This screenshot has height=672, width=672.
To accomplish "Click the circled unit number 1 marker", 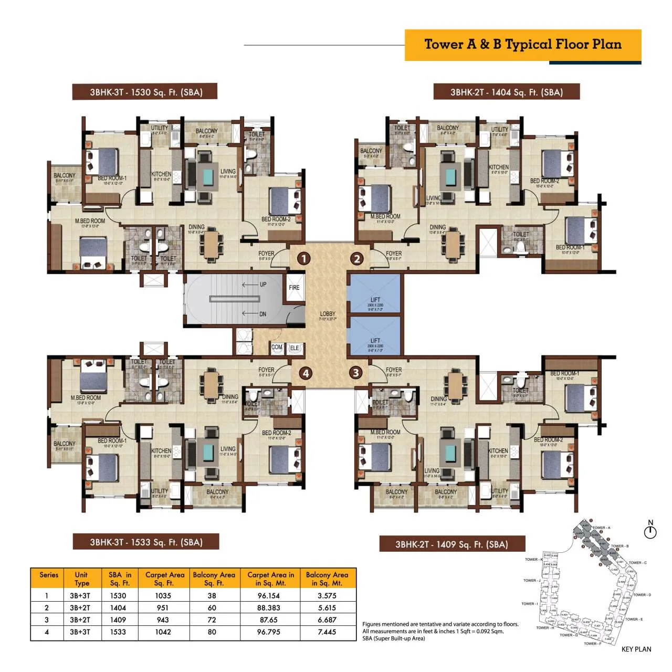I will (304, 258).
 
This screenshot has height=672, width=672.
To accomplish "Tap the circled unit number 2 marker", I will (357, 258).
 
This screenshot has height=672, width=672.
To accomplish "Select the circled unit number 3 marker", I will (356, 373).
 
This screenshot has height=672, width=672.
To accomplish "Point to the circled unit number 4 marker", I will (305, 373).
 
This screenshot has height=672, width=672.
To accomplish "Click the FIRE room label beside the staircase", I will (294, 288).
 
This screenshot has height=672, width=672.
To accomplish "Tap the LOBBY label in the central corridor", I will (328, 314).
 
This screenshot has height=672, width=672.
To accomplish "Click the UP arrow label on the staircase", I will (262, 285).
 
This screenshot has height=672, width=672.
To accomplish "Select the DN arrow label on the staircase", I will (262, 314).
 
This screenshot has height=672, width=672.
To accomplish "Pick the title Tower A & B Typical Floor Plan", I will (523, 45).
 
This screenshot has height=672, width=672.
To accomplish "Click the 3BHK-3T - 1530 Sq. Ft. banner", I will (145, 92).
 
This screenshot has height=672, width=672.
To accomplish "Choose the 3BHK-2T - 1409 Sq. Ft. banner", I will (451, 544).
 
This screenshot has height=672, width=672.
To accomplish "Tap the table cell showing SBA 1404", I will (118, 607).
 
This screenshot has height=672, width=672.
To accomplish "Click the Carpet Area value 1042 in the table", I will (163, 632).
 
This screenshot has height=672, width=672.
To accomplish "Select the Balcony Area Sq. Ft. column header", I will (214, 579).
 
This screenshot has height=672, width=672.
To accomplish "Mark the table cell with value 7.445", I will (327, 632).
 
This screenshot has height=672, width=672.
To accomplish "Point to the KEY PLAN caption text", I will (636, 649).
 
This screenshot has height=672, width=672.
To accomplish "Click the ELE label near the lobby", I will (295, 348).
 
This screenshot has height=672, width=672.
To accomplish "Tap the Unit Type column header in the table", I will (81, 579).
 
